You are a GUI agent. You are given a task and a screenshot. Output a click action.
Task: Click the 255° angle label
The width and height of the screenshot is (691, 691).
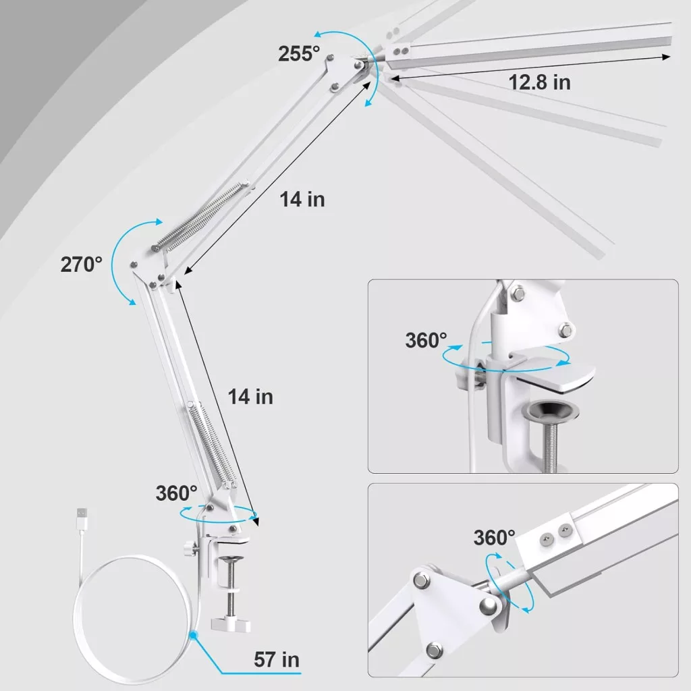(299, 54)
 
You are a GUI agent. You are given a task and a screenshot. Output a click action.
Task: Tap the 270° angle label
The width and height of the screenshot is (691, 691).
(81, 265)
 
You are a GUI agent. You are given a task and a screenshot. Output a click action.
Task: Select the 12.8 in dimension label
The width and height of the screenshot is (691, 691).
(539, 82)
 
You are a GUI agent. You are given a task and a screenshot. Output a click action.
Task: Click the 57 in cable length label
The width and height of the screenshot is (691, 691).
(276, 660)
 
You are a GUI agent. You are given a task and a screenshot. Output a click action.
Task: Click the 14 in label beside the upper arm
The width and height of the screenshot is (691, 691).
(302, 199)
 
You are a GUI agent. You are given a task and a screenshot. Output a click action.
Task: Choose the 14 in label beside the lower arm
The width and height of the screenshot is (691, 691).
(250, 397)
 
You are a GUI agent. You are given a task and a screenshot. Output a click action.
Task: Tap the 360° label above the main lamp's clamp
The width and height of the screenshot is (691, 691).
(176, 493)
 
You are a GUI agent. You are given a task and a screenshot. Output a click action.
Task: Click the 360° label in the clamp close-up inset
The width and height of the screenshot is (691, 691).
(426, 340)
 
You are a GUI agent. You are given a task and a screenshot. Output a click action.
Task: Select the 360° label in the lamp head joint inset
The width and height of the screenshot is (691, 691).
(494, 538)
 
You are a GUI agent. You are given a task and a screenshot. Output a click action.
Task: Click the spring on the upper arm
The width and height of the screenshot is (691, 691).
(200, 215)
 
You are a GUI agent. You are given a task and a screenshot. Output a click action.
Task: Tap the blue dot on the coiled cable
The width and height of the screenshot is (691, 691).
(193, 635)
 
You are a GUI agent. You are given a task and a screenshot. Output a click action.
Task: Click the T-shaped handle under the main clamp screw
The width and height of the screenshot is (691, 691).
(231, 624)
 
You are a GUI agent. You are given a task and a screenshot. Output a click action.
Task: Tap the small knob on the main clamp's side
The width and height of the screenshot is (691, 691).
(190, 549)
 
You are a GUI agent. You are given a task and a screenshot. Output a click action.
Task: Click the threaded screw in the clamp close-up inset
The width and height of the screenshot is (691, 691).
(550, 446)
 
